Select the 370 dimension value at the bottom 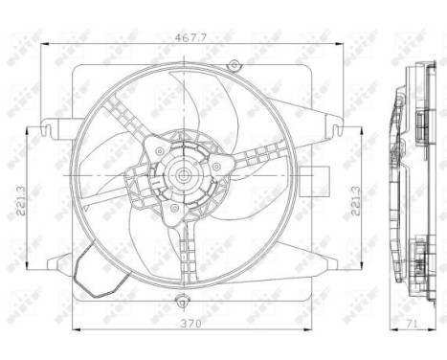(x=179, y=323)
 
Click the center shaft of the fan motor (x=180, y=175)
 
